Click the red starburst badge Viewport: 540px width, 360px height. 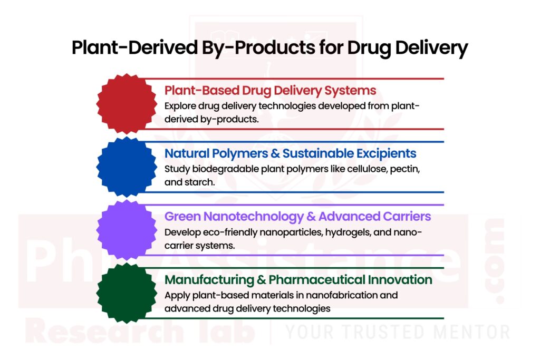(x=127, y=103)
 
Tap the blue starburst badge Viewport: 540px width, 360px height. (x=127, y=167)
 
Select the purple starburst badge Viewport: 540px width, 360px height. (x=127, y=229)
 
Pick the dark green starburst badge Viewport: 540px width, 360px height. (x=127, y=293)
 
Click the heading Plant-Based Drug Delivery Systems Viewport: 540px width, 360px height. (x=270, y=90)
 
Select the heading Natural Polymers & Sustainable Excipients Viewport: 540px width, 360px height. (x=291, y=153)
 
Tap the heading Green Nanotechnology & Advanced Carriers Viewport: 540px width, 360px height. (x=297, y=217)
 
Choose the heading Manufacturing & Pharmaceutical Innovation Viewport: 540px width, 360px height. (x=298, y=279)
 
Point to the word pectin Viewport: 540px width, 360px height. (x=402, y=169)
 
